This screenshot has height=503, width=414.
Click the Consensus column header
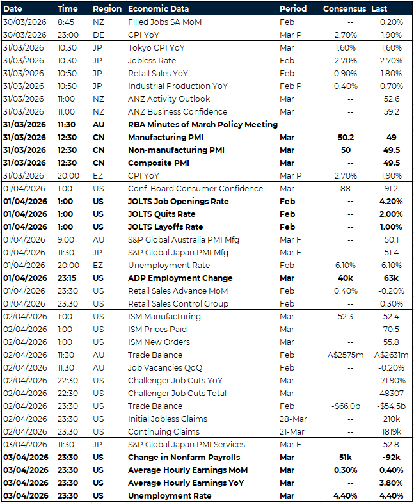pos(344,9)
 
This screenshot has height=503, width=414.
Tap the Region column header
pos(106,9)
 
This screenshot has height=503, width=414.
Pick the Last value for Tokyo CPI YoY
pos(392,47)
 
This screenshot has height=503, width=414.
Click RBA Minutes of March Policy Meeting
pos(203,124)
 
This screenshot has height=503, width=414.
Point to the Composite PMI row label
pos(159,163)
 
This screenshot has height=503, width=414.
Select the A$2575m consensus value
pos(348,355)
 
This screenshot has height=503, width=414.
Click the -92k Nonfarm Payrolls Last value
pos(392,457)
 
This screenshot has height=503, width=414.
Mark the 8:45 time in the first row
pos(66,22)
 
